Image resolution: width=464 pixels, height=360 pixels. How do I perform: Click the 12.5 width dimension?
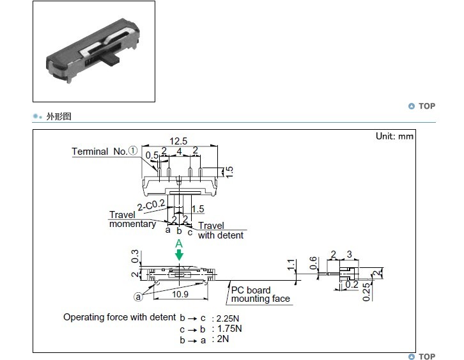178,141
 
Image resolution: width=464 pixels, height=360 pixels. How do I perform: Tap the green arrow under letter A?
179,254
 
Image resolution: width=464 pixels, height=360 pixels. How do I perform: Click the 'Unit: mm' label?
394,136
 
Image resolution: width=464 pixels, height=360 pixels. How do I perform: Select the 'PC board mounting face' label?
260,294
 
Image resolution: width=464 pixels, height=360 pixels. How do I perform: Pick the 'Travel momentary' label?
132,219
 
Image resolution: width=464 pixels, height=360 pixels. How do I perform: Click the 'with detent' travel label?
220,235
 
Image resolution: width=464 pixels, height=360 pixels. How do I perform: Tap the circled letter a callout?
137,297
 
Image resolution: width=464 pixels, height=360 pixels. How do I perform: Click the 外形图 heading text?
59,116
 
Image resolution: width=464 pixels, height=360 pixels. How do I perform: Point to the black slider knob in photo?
111,59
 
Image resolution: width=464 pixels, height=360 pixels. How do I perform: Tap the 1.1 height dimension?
291,265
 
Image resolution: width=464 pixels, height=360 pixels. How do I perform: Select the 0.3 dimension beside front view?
135,256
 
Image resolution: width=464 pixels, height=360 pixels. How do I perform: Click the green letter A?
179,244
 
